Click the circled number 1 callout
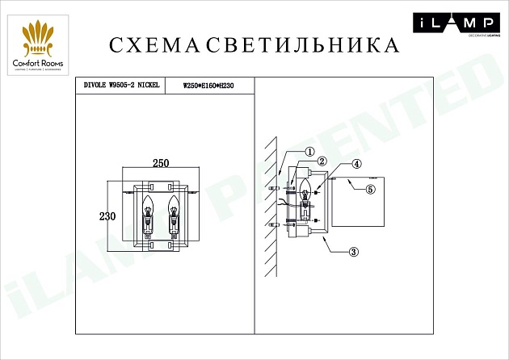click(309, 153)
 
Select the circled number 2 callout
click(321, 161)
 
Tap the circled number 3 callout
click(353, 251)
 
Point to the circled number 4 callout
click(356, 163)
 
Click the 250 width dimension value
click(161, 162)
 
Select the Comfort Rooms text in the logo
click(40, 63)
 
